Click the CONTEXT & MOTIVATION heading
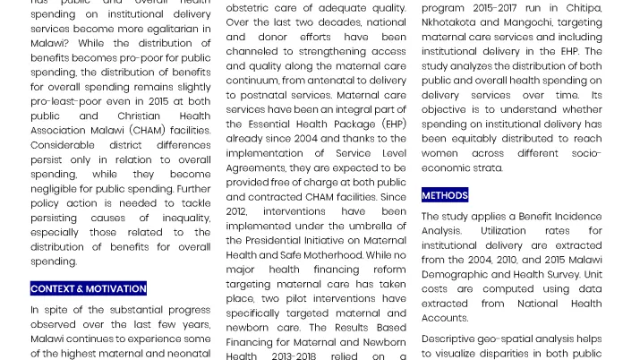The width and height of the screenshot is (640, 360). pyautogui.click(x=88, y=288)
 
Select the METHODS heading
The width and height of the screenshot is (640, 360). pyautogui.click(x=445, y=195)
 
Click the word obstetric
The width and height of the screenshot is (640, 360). pyautogui.click(x=250, y=8)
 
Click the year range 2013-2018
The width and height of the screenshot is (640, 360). pyautogui.click(x=294, y=356)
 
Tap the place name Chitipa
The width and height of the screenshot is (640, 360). pyautogui.click(x=583, y=8)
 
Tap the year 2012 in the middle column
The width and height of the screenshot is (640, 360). pyautogui.click(x=237, y=211)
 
